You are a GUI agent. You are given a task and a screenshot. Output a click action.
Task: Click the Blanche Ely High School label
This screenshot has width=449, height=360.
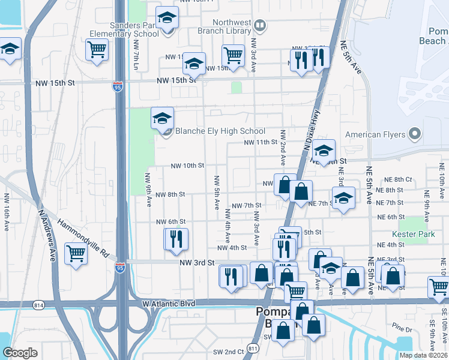pyautogui.click(x=219, y=131)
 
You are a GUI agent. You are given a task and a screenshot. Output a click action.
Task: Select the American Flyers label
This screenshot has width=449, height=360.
pyautogui.click(x=376, y=134)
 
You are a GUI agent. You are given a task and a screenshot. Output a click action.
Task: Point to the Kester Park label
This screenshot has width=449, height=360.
pyautogui.click(x=413, y=234)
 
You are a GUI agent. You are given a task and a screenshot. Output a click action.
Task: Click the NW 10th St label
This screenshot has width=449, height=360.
pyautogui.click(x=188, y=166)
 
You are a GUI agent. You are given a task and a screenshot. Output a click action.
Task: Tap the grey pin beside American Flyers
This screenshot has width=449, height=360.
pyautogui.click(x=415, y=134)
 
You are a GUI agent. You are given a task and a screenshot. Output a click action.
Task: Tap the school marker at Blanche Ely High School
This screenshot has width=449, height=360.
pyautogui.click(x=162, y=119)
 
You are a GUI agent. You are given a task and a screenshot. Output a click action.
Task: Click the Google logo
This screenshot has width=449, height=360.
pyautogui.click(x=20, y=353)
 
